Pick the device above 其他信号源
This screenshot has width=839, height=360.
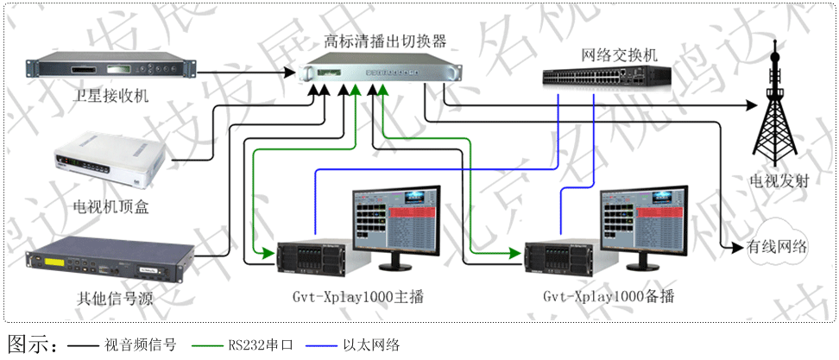(x=108, y=262)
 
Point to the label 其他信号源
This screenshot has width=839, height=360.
(x=108, y=299)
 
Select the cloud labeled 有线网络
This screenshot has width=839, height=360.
(x=777, y=248)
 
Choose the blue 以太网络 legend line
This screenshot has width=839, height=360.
(x=329, y=345)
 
